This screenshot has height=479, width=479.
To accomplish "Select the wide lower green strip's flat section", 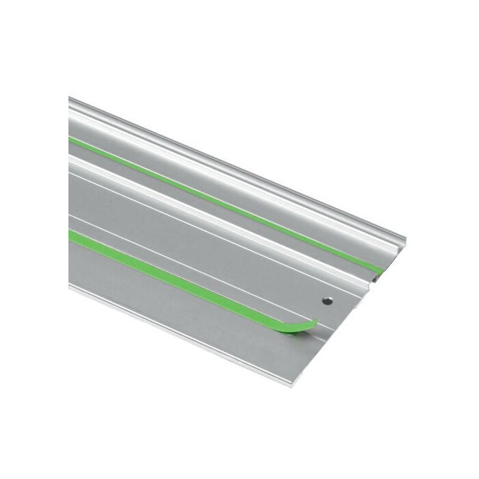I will pos(171,273).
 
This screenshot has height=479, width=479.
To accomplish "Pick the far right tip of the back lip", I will pos(404,240).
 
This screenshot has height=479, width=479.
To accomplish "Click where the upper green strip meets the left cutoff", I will pos(70,139).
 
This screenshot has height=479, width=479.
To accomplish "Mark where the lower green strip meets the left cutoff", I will pos(70,234).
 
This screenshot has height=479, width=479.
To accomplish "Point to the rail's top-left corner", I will pos(70,99).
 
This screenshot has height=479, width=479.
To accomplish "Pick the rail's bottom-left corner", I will pos(70,287).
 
